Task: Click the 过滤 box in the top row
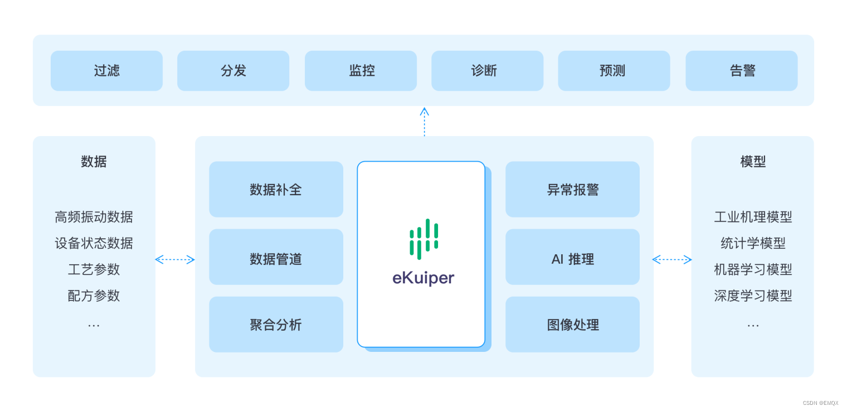[x=106, y=71]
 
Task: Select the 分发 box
[x=233, y=71]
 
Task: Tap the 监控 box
[x=361, y=71]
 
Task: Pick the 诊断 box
[x=487, y=71]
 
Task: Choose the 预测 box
[x=614, y=71]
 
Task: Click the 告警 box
[x=741, y=71]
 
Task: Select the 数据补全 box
[x=276, y=190]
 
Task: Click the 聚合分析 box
[x=276, y=325]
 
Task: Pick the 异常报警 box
[x=572, y=190]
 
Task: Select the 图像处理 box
[x=572, y=325]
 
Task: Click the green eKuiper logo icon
[x=423, y=239]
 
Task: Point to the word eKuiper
[x=423, y=278]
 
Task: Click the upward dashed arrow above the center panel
[x=424, y=121]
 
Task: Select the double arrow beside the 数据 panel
[x=175, y=259]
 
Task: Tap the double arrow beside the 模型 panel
[x=672, y=259]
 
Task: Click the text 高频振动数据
[x=94, y=217]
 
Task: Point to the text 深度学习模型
[x=753, y=296]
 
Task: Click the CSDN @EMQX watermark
[x=820, y=403]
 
